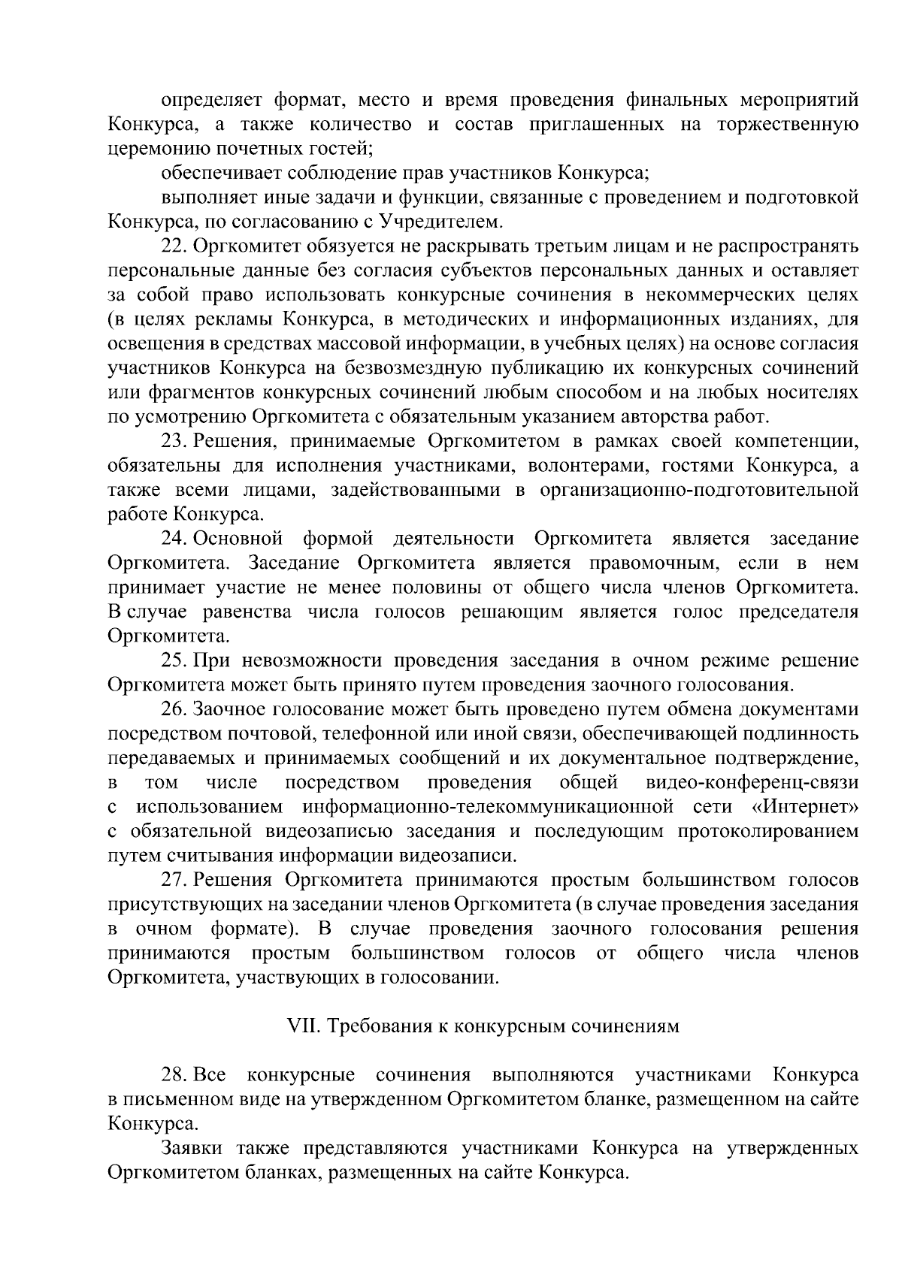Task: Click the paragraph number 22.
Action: (174, 246)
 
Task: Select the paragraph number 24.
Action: (174, 539)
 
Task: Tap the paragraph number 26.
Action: (174, 709)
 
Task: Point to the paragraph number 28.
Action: (174, 1075)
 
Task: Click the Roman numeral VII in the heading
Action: (302, 1026)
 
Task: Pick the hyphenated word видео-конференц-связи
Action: (752, 783)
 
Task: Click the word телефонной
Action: (389, 733)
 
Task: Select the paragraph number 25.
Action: (174, 660)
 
